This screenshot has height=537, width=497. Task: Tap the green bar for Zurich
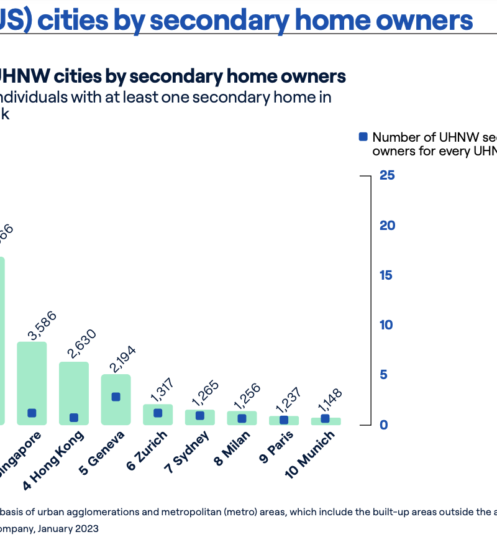pos(158,415)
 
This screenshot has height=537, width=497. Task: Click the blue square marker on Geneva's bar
pos(116,397)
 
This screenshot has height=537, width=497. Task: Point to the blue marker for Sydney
pos(200,416)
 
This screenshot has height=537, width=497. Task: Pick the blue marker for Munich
pos(325,419)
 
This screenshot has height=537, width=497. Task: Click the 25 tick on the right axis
pos(387,175)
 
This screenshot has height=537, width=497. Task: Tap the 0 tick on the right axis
pos(384,425)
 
